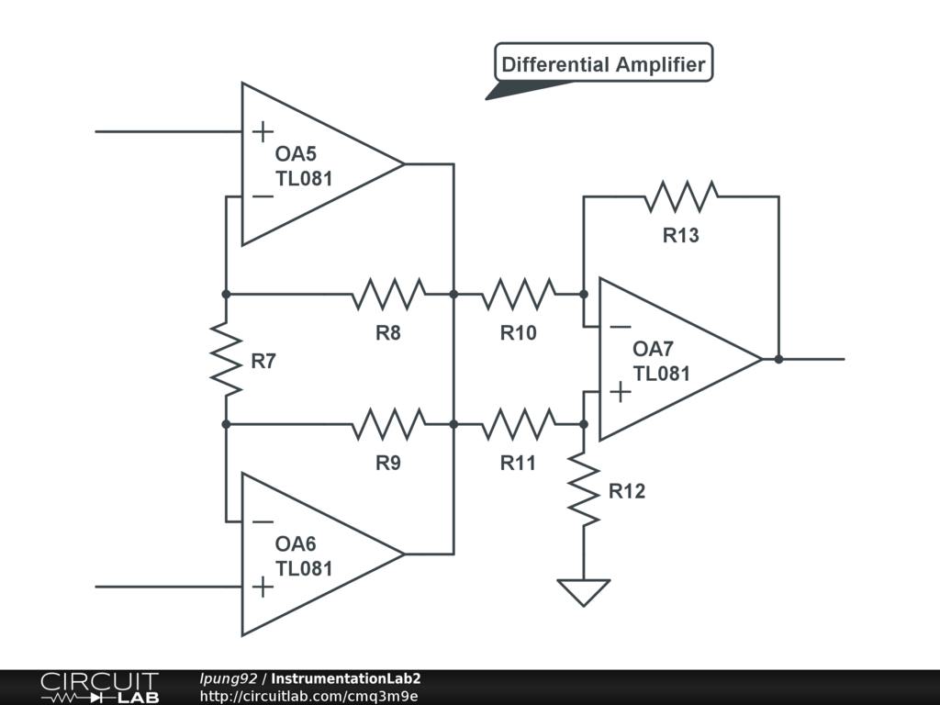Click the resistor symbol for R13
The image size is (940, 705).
[x=681, y=196]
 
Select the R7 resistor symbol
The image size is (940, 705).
[x=226, y=359]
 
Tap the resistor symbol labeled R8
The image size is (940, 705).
[x=388, y=294]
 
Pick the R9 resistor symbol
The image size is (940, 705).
[x=388, y=424]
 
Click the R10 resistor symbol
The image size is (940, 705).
[x=519, y=294]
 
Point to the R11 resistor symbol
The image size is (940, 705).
[x=519, y=424]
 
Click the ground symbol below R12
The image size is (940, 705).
[x=583, y=592]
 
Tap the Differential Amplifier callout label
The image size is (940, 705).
[x=603, y=64]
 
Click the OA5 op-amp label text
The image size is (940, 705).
[x=296, y=155]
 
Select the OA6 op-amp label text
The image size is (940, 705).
[x=296, y=543]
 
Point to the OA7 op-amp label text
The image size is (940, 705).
[x=653, y=349]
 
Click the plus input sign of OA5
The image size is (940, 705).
[x=263, y=131]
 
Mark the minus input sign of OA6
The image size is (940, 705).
[x=263, y=520]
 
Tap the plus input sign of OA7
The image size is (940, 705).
[x=621, y=392]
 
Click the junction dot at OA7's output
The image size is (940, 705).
[x=778, y=359]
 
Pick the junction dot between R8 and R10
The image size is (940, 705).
[x=453, y=294]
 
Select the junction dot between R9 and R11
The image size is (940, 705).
[x=453, y=424]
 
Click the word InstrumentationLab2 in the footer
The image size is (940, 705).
[x=346, y=679]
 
